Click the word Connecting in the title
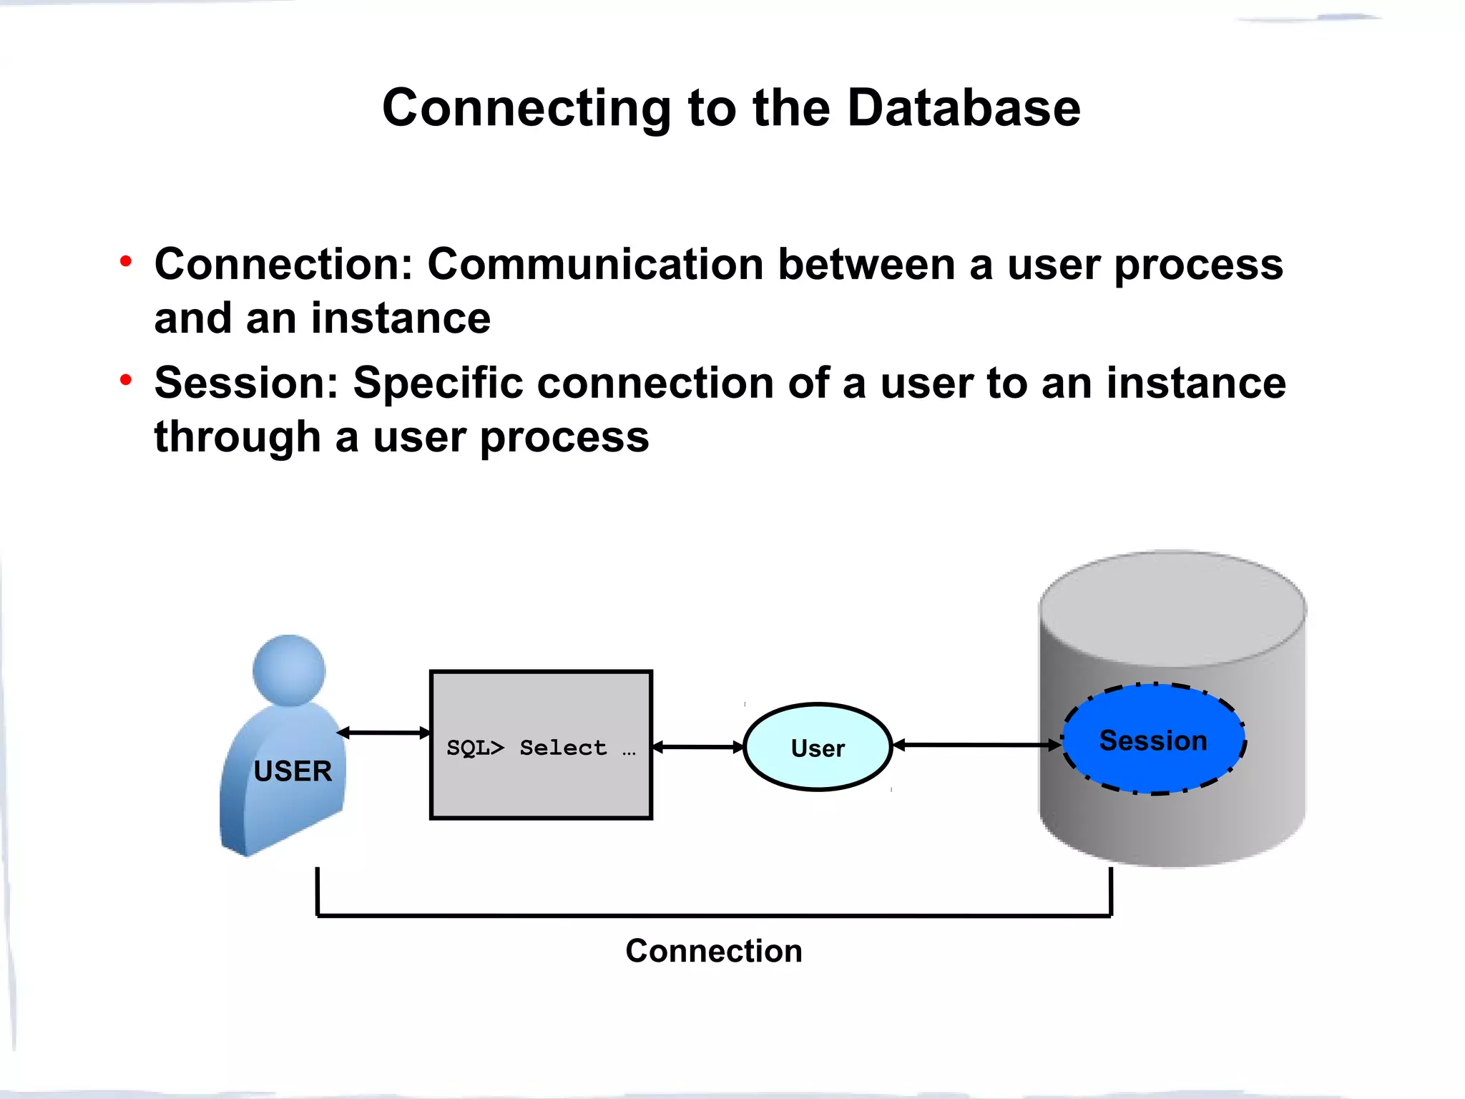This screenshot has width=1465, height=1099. pos(526,108)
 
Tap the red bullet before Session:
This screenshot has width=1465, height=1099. pos(126,380)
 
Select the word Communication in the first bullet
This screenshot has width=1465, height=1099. pos(595,264)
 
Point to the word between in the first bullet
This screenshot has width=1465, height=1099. pos(866,264)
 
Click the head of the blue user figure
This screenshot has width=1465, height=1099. pos(289,670)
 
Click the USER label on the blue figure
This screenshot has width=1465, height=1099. pos(293,771)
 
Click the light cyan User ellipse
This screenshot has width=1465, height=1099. pos(818,748)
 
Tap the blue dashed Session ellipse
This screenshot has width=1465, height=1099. pos(1153,740)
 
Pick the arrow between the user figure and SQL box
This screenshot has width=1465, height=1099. pos(383,733)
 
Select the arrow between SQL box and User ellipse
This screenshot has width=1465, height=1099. pos(698,747)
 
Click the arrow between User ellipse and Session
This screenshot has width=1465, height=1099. pos(977,745)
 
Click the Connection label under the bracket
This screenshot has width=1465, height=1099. pos(713,951)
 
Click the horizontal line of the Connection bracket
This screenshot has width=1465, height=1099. pos(713,915)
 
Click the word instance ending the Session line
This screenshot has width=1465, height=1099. pos(1196,383)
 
